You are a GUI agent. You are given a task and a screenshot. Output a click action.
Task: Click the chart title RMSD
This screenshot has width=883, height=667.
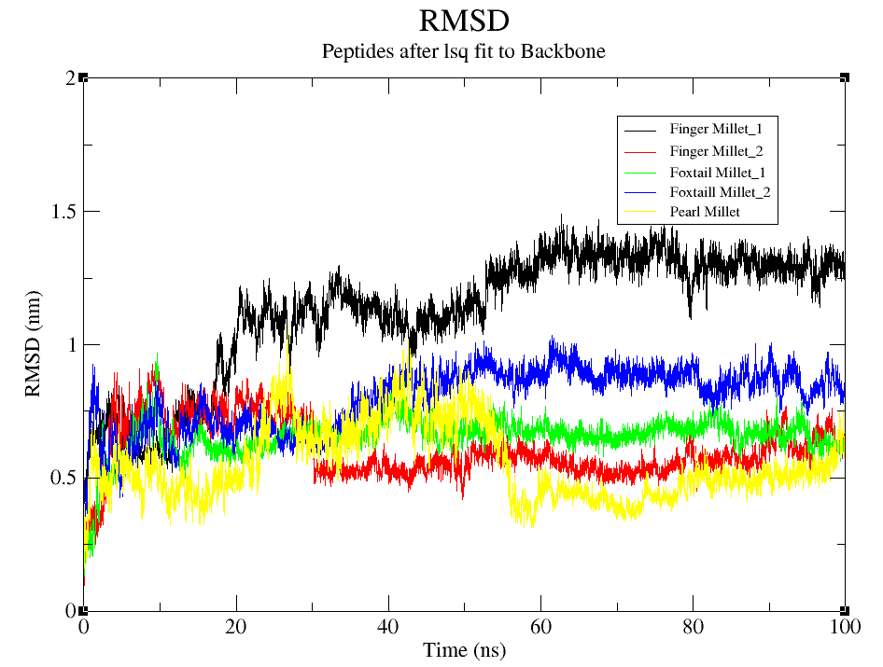(464, 20)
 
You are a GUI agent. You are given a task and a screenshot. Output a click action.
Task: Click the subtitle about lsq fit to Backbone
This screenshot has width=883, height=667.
(464, 51)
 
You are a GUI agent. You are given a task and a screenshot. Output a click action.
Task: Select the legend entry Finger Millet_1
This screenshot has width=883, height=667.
(723, 129)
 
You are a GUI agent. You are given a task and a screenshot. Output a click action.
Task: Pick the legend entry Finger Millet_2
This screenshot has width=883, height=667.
(723, 150)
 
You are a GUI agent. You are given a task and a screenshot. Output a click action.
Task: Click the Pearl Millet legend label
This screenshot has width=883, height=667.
(705, 213)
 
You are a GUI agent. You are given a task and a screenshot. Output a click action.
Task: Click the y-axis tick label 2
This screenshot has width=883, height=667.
(70, 78)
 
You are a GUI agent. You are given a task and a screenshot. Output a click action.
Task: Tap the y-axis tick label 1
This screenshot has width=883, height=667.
(70, 345)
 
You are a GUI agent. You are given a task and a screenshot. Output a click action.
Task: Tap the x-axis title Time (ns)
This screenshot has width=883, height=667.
(464, 650)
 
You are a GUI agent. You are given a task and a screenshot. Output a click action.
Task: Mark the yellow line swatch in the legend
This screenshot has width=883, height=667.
(641, 213)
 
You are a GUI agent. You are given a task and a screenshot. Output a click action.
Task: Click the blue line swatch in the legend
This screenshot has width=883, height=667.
(641, 192)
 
